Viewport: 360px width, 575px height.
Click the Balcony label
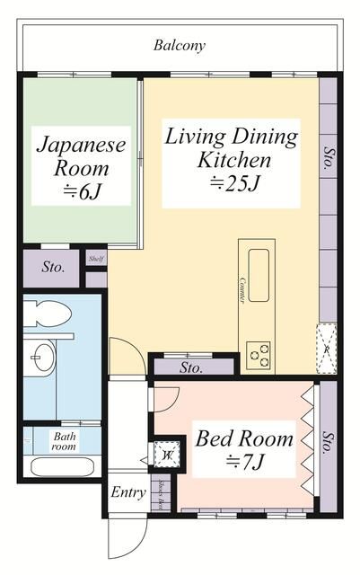180,44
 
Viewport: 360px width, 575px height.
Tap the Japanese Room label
80,155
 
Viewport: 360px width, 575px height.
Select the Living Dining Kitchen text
232,149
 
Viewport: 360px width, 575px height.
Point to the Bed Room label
244,439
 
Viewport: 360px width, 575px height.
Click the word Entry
127,492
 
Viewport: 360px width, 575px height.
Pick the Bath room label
63,441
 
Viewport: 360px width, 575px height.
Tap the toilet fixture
49,315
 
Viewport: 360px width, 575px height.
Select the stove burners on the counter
259,353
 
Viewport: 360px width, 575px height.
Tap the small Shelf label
95,259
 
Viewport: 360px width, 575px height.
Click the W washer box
166,455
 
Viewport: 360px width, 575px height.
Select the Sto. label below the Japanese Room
53,267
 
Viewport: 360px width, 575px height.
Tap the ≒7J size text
244,464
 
